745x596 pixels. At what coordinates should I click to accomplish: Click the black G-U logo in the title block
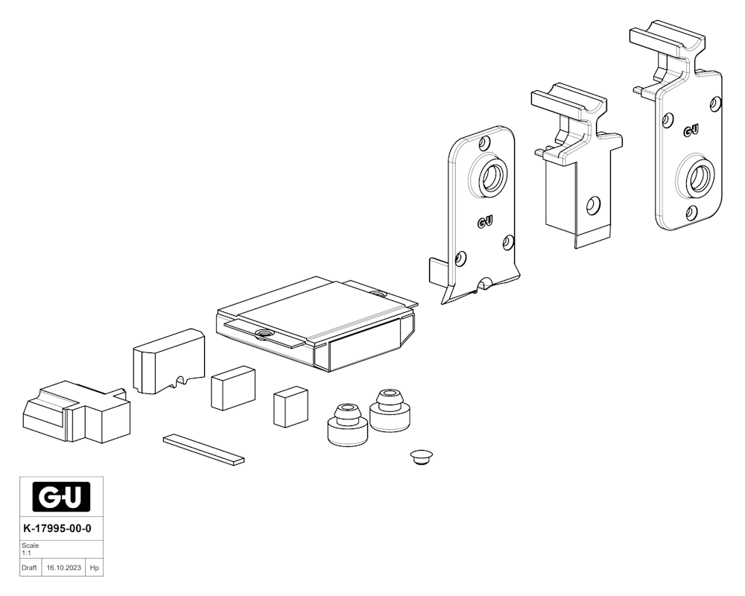[x=61, y=497]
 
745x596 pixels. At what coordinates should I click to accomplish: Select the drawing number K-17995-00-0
[x=57, y=528]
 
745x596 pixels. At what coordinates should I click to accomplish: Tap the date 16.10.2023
[x=63, y=568]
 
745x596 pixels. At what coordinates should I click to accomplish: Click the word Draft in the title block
[x=29, y=568]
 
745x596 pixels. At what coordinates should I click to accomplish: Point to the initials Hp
[x=95, y=568]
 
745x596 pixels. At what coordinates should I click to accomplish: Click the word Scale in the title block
[x=30, y=545]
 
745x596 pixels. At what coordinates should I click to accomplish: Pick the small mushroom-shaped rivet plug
[x=421, y=457]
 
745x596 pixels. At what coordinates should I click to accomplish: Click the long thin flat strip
[x=204, y=449]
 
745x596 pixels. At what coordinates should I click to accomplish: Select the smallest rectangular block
[x=291, y=407]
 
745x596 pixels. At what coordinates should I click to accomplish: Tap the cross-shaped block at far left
[x=76, y=412]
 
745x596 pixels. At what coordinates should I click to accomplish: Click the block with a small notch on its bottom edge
[x=168, y=361]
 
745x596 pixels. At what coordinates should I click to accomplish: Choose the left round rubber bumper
[x=348, y=425]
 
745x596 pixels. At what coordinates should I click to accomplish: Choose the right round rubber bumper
[x=390, y=411]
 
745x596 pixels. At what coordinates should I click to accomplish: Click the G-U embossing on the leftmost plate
[x=485, y=221]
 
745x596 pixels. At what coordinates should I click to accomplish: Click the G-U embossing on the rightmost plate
[x=691, y=130]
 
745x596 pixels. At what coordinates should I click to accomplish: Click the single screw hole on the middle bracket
[x=592, y=206]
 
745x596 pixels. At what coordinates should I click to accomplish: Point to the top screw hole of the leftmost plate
[x=485, y=142]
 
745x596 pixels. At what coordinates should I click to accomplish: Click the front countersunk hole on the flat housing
[x=263, y=334]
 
